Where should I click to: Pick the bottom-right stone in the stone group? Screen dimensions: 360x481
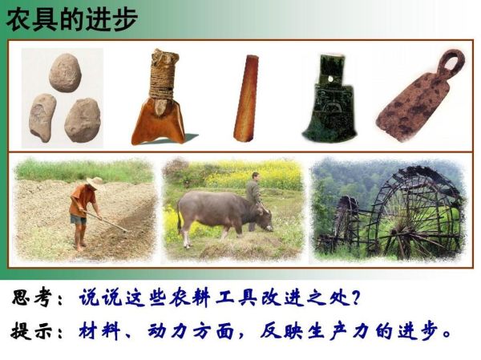(82, 119)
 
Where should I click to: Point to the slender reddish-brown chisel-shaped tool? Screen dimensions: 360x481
(246, 99)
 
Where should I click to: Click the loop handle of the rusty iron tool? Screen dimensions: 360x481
(451, 63)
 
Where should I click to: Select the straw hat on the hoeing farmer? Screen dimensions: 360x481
(95, 183)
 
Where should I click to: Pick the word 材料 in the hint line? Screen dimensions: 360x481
(99, 330)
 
